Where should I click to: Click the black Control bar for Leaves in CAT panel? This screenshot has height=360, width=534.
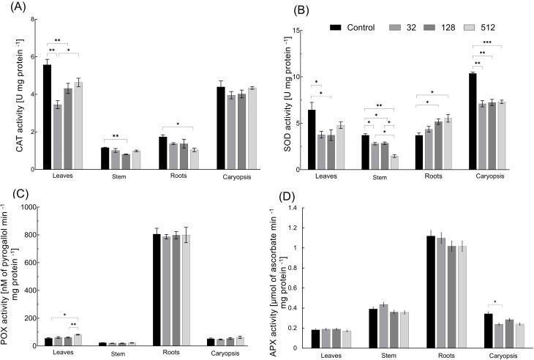coord(47,117)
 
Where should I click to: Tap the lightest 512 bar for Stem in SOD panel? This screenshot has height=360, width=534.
coord(394,162)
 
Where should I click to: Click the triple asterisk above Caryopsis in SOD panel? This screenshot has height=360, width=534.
coord(487,43)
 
